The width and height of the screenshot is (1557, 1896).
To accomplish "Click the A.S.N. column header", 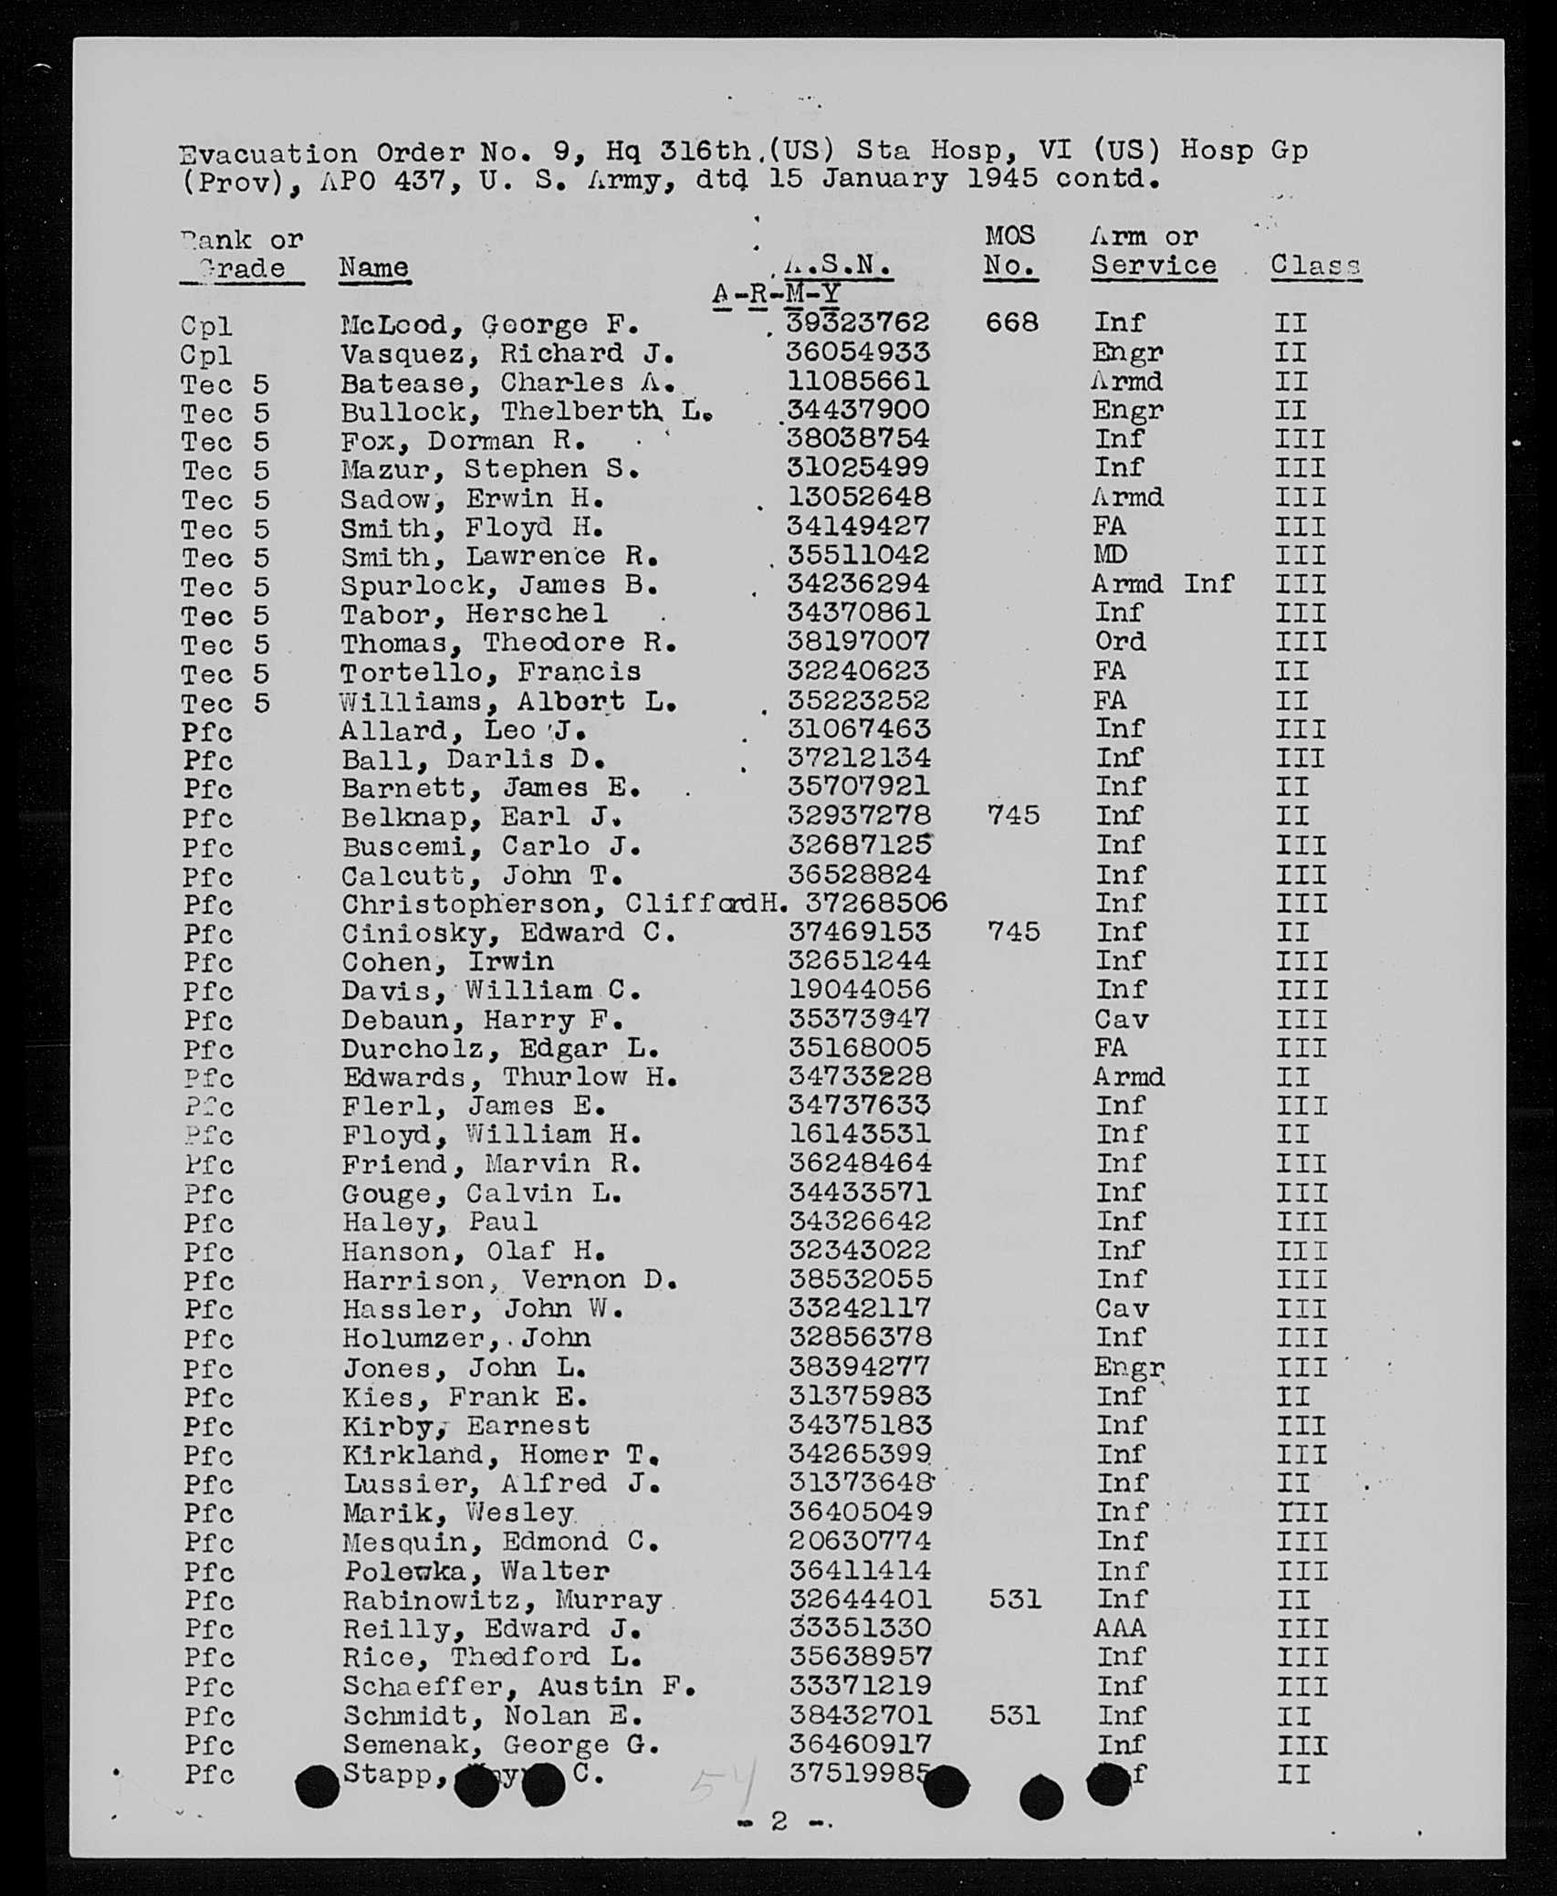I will [838, 266].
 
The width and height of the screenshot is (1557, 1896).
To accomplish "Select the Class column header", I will [1315, 266].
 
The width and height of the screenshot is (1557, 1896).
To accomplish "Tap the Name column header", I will [373, 267].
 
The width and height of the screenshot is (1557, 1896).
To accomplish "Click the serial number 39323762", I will [858, 323].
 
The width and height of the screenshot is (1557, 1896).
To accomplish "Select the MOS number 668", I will [1011, 323].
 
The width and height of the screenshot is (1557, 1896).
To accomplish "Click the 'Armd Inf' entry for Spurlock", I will [1163, 583].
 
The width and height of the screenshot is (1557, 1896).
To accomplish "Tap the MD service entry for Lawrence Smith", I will [1110, 554].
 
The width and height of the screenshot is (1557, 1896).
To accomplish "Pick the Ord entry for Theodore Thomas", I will [1120, 642].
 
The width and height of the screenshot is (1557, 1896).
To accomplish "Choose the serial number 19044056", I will [859, 990].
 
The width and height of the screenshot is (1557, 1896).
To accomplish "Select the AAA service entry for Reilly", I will [1120, 1628].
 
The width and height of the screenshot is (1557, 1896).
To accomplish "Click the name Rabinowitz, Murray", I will [502, 1599].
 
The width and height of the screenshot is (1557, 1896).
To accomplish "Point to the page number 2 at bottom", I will [778, 1820].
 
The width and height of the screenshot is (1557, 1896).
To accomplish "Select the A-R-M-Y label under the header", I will [776, 294].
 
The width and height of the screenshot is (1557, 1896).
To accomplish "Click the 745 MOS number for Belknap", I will [1012, 815].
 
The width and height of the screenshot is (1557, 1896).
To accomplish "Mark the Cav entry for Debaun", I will [1121, 1019].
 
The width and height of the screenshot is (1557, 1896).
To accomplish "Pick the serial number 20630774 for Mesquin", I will [860, 1541].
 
